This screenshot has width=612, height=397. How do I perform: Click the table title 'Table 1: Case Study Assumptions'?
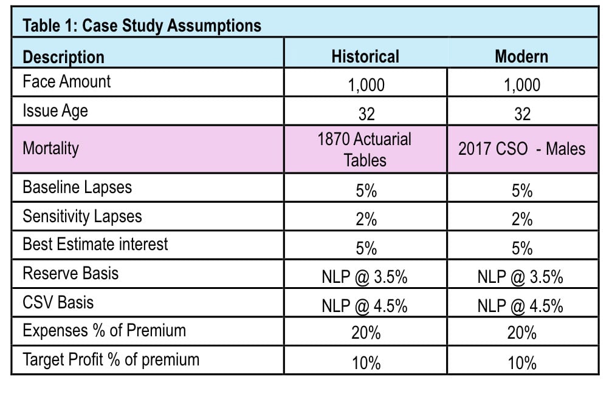coord(142,25)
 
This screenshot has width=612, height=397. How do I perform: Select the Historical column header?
coord(365,56)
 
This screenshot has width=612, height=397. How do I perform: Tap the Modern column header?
coord(521,56)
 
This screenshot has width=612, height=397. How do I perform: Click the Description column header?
coord(64,57)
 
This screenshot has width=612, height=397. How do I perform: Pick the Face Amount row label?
coord(67,81)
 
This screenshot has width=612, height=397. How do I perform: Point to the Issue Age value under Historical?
coord(366,114)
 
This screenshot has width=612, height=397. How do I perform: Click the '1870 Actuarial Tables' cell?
coord(365,150)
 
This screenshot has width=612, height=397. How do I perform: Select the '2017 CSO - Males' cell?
coord(522,149)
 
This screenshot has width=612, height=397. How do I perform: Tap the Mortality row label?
coord(50,149)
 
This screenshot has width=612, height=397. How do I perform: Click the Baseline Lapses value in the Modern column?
coord(522,191)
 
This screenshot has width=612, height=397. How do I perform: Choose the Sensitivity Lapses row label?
coord(83,217)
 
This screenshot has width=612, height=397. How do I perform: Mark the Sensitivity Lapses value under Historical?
coord(366,220)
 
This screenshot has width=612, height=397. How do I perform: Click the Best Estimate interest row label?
coord(95,245)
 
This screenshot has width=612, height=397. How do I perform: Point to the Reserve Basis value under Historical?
coord(365,277)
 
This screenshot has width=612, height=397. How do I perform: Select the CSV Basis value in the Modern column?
coord(520,306)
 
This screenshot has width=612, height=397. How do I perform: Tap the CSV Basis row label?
coord(58,302)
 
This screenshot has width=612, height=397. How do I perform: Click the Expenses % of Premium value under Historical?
coord(366,333)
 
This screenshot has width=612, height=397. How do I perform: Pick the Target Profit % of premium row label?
coord(111,359)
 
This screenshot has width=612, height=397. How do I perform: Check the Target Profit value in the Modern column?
coord(522,363)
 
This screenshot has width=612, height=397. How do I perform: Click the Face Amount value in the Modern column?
coord(522,85)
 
